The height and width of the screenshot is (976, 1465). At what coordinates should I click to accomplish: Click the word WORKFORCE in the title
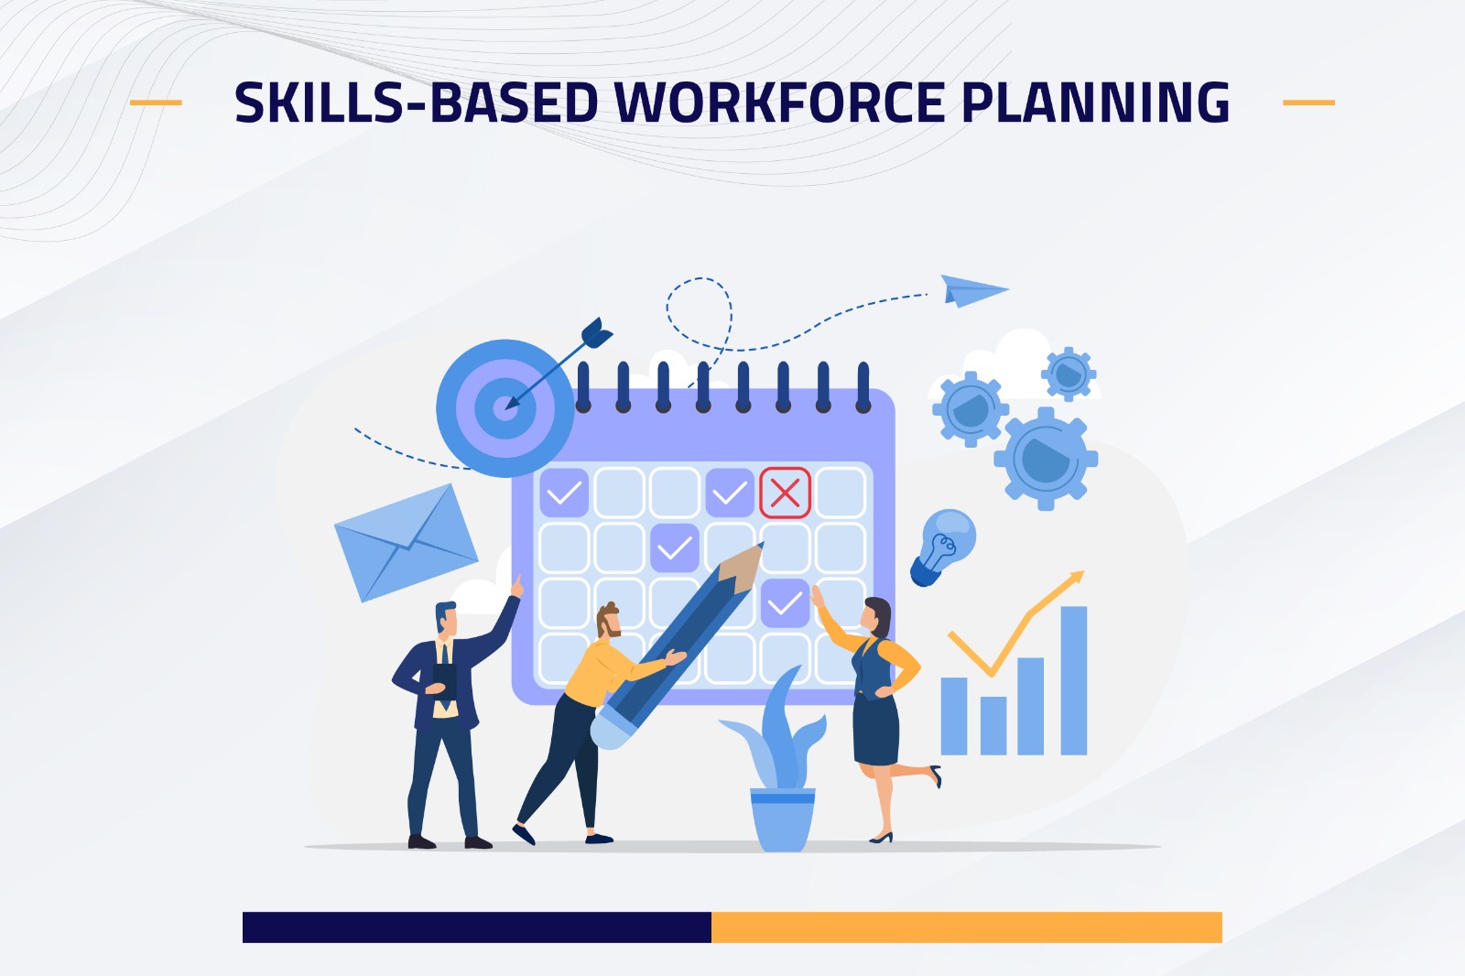pos(779,102)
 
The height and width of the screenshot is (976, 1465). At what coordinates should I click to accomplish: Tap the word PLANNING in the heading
pos(1096,102)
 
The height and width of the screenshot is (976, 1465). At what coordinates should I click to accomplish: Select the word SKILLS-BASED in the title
pos(417,102)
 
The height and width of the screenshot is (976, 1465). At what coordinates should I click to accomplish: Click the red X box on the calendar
pos(785,493)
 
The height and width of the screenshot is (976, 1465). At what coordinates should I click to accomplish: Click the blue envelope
pos(407,542)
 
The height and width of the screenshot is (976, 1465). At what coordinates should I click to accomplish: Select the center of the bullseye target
pos(505,408)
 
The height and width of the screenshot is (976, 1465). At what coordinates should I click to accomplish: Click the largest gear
pos(1045,459)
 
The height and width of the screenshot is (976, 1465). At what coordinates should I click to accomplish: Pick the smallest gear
pos(1069,374)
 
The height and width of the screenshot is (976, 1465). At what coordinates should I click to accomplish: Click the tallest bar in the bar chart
pos(1073,680)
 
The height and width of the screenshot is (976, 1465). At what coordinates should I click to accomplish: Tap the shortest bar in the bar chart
pos(993,725)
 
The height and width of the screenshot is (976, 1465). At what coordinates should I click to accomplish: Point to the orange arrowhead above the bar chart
pos(1076,579)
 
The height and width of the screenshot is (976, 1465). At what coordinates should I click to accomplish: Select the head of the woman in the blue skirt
pos(875,616)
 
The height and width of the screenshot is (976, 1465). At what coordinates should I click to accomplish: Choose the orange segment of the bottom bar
pos(967,927)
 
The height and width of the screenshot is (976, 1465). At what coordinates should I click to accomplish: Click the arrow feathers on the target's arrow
pos(596,333)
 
